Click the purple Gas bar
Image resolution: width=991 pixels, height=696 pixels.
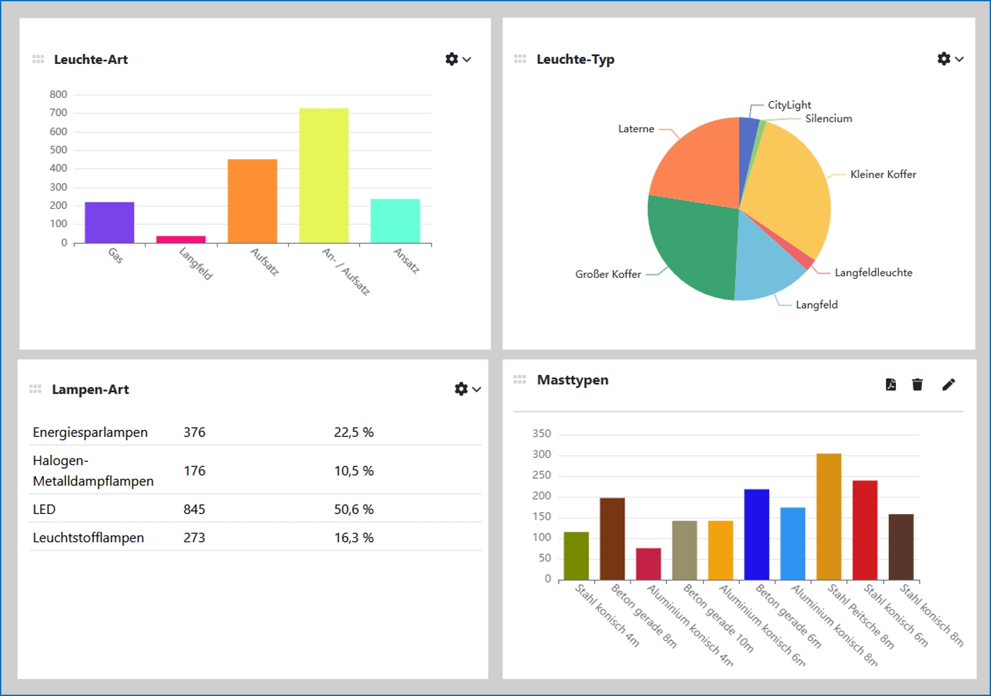pyautogui.click(x=110, y=222)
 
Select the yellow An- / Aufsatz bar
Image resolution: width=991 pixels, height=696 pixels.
pyautogui.click(x=323, y=175)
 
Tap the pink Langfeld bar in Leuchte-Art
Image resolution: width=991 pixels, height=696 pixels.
pyautogui.click(x=181, y=239)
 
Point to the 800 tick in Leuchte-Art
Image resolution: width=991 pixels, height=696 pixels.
pyautogui.click(x=58, y=95)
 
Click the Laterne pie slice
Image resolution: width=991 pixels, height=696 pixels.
pyautogui.click(x=698, y=163)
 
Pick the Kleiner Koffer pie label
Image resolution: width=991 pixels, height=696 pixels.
pyautogui.click(x=883, y=174)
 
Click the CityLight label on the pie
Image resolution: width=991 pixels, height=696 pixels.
pyautogui.click(x=789, y=105)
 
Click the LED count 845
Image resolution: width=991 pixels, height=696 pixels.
pyautogui.click(x=194, y=509)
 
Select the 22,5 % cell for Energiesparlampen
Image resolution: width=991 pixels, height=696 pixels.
pyautogui.click(x=353, y=432)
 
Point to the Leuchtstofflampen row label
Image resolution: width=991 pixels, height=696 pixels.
pyautogui.click(x=88, y=538)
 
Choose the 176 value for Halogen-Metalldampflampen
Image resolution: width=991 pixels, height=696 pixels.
pyautogui.click(x=194, y=471)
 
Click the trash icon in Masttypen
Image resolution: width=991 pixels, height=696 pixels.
pyautogui.click(x=917, y=384)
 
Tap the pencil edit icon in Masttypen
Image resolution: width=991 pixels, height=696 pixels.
pyautogui.click(x=949, y=384)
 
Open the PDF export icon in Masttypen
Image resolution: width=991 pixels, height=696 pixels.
pyautogui.click(x=891, y=384)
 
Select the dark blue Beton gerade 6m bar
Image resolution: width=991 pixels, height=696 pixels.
pyautogui.click(x=756, y=534)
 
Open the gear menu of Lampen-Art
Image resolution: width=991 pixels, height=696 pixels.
pyautogui.click(x=467, y=389)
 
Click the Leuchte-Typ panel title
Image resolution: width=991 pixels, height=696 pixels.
pyautogui.click(x=575, y=59)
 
